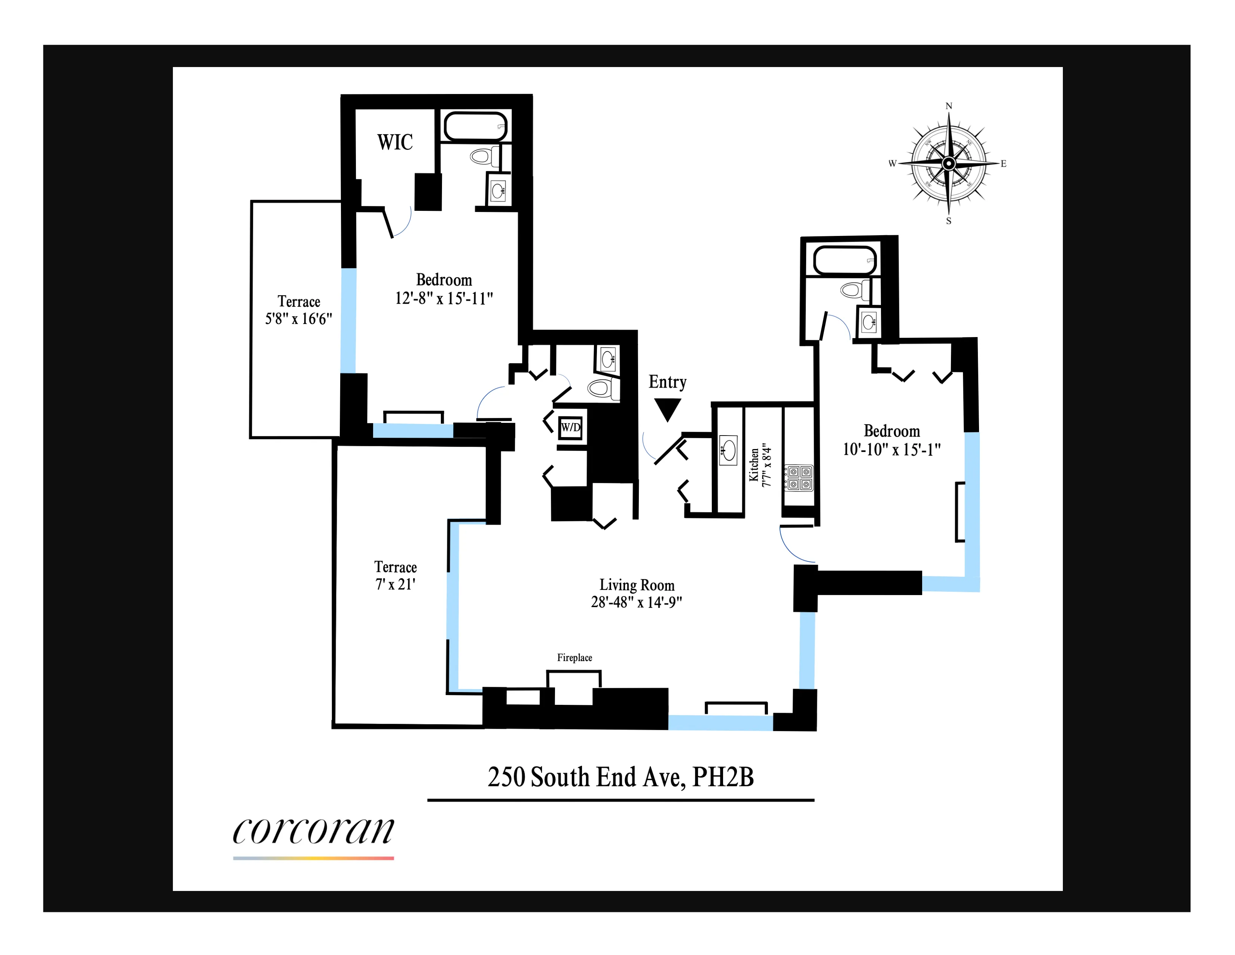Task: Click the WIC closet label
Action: tap(395, 142)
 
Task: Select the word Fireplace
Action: tap(574, 657)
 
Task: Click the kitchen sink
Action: tap(728, 450)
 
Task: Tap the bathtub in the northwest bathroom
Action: tap(475, 125)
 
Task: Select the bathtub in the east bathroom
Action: tap(845, 261)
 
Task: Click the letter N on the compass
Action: tap(949, 106)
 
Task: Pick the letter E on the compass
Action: tap(1004, 164)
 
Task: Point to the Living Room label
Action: tap(637, 585)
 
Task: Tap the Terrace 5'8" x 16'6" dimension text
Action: tap(299, 319)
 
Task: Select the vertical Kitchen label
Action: tap(754, 465)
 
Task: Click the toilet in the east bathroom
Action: tap(854, 290)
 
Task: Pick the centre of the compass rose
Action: tap(949, 164)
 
